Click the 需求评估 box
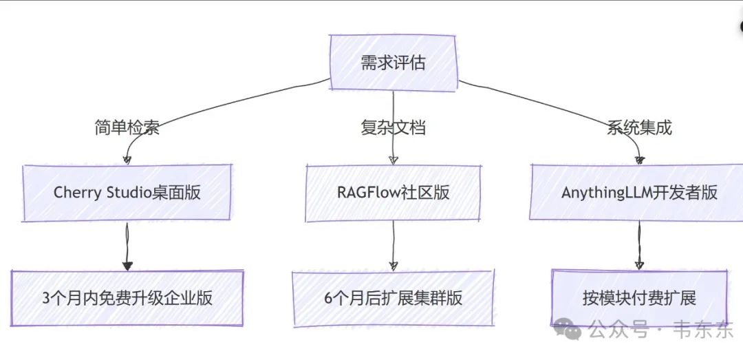click(x=393, y=63)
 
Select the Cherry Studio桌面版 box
click(x=127, y=192)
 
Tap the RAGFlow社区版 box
click(x=393, y=192)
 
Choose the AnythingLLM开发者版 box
click(x=639, y=192)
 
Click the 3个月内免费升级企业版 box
click(x=127, y=298)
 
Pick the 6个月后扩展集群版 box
click(x=393, y=298)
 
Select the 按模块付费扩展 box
click(x=639, y=298)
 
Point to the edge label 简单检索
click(x=127, y=127)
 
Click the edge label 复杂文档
click(x=393, y=127)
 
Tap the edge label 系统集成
click(x=639, y=127)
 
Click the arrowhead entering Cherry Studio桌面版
click(x=127, y=160)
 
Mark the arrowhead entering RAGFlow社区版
click(x=393, y=160)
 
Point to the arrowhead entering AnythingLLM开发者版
click(x=639, y=160)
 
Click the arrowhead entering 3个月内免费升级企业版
click(x=127, y=266)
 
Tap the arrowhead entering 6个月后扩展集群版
click(x=393, y=266)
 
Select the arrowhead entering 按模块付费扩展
click(x=639, y=266)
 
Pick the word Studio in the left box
click(x=123, y=192)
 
